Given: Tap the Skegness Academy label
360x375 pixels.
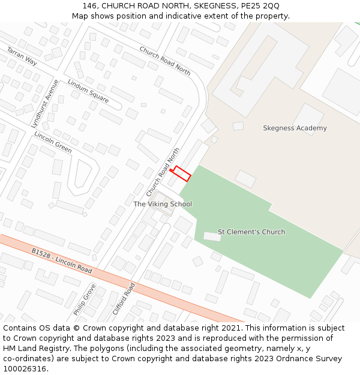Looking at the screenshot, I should (x=295, y=128).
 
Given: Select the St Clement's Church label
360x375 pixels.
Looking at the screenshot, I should (x=251, y=232).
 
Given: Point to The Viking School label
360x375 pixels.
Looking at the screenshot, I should (x=163, y=205).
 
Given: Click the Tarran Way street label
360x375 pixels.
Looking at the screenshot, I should (x=22, y=56).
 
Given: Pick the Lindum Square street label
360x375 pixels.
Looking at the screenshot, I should (x=88, y=91).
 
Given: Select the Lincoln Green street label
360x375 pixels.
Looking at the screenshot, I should (x=53, y=142).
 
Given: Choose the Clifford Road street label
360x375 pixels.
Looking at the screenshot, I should (x=124, y=299).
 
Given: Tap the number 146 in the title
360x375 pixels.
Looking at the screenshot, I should (x=90, y=6).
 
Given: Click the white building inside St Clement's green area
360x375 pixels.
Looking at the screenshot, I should (x=212, y=236).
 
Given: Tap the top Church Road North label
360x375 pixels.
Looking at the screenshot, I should (x=165, y=61).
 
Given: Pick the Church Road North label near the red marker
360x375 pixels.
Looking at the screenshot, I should (x=163, y=172).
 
